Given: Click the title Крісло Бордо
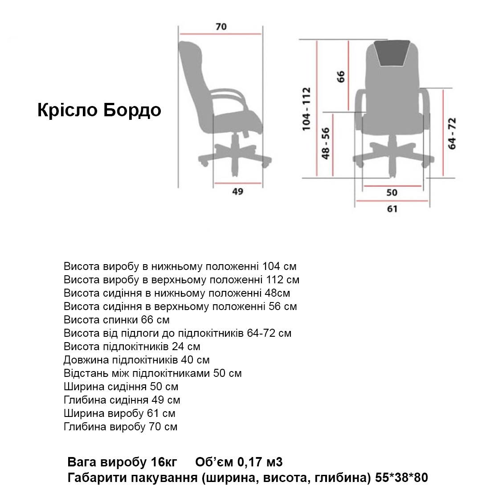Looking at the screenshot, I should pyautogui.click(x=99, y=110).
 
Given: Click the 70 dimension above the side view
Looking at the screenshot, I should pyautogui.click(x=221, y=27).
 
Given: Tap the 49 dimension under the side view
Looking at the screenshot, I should pyautogui.click(x=238, y=192).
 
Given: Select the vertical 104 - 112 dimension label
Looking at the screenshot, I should pyautogui.click(x=306, y=109).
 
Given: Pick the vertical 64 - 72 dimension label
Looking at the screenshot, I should pyautogui.click(x=452, y=133).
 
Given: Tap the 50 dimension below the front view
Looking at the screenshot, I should pyautogui.click(x=392, y=192).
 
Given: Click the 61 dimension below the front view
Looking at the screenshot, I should pyautogui.click(x=392, y=208).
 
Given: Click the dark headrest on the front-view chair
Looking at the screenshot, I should pyautogui.click(x=392, y=52).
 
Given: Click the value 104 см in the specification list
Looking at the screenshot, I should pyautogui.click(x=279, y=266).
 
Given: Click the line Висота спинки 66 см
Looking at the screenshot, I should pyautogui.click(x=117, y=320).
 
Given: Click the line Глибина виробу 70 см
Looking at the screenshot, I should pyautogui.click(x=120, y=427).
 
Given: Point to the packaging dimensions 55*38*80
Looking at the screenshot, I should pyautogui.click(x=402, y=478).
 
